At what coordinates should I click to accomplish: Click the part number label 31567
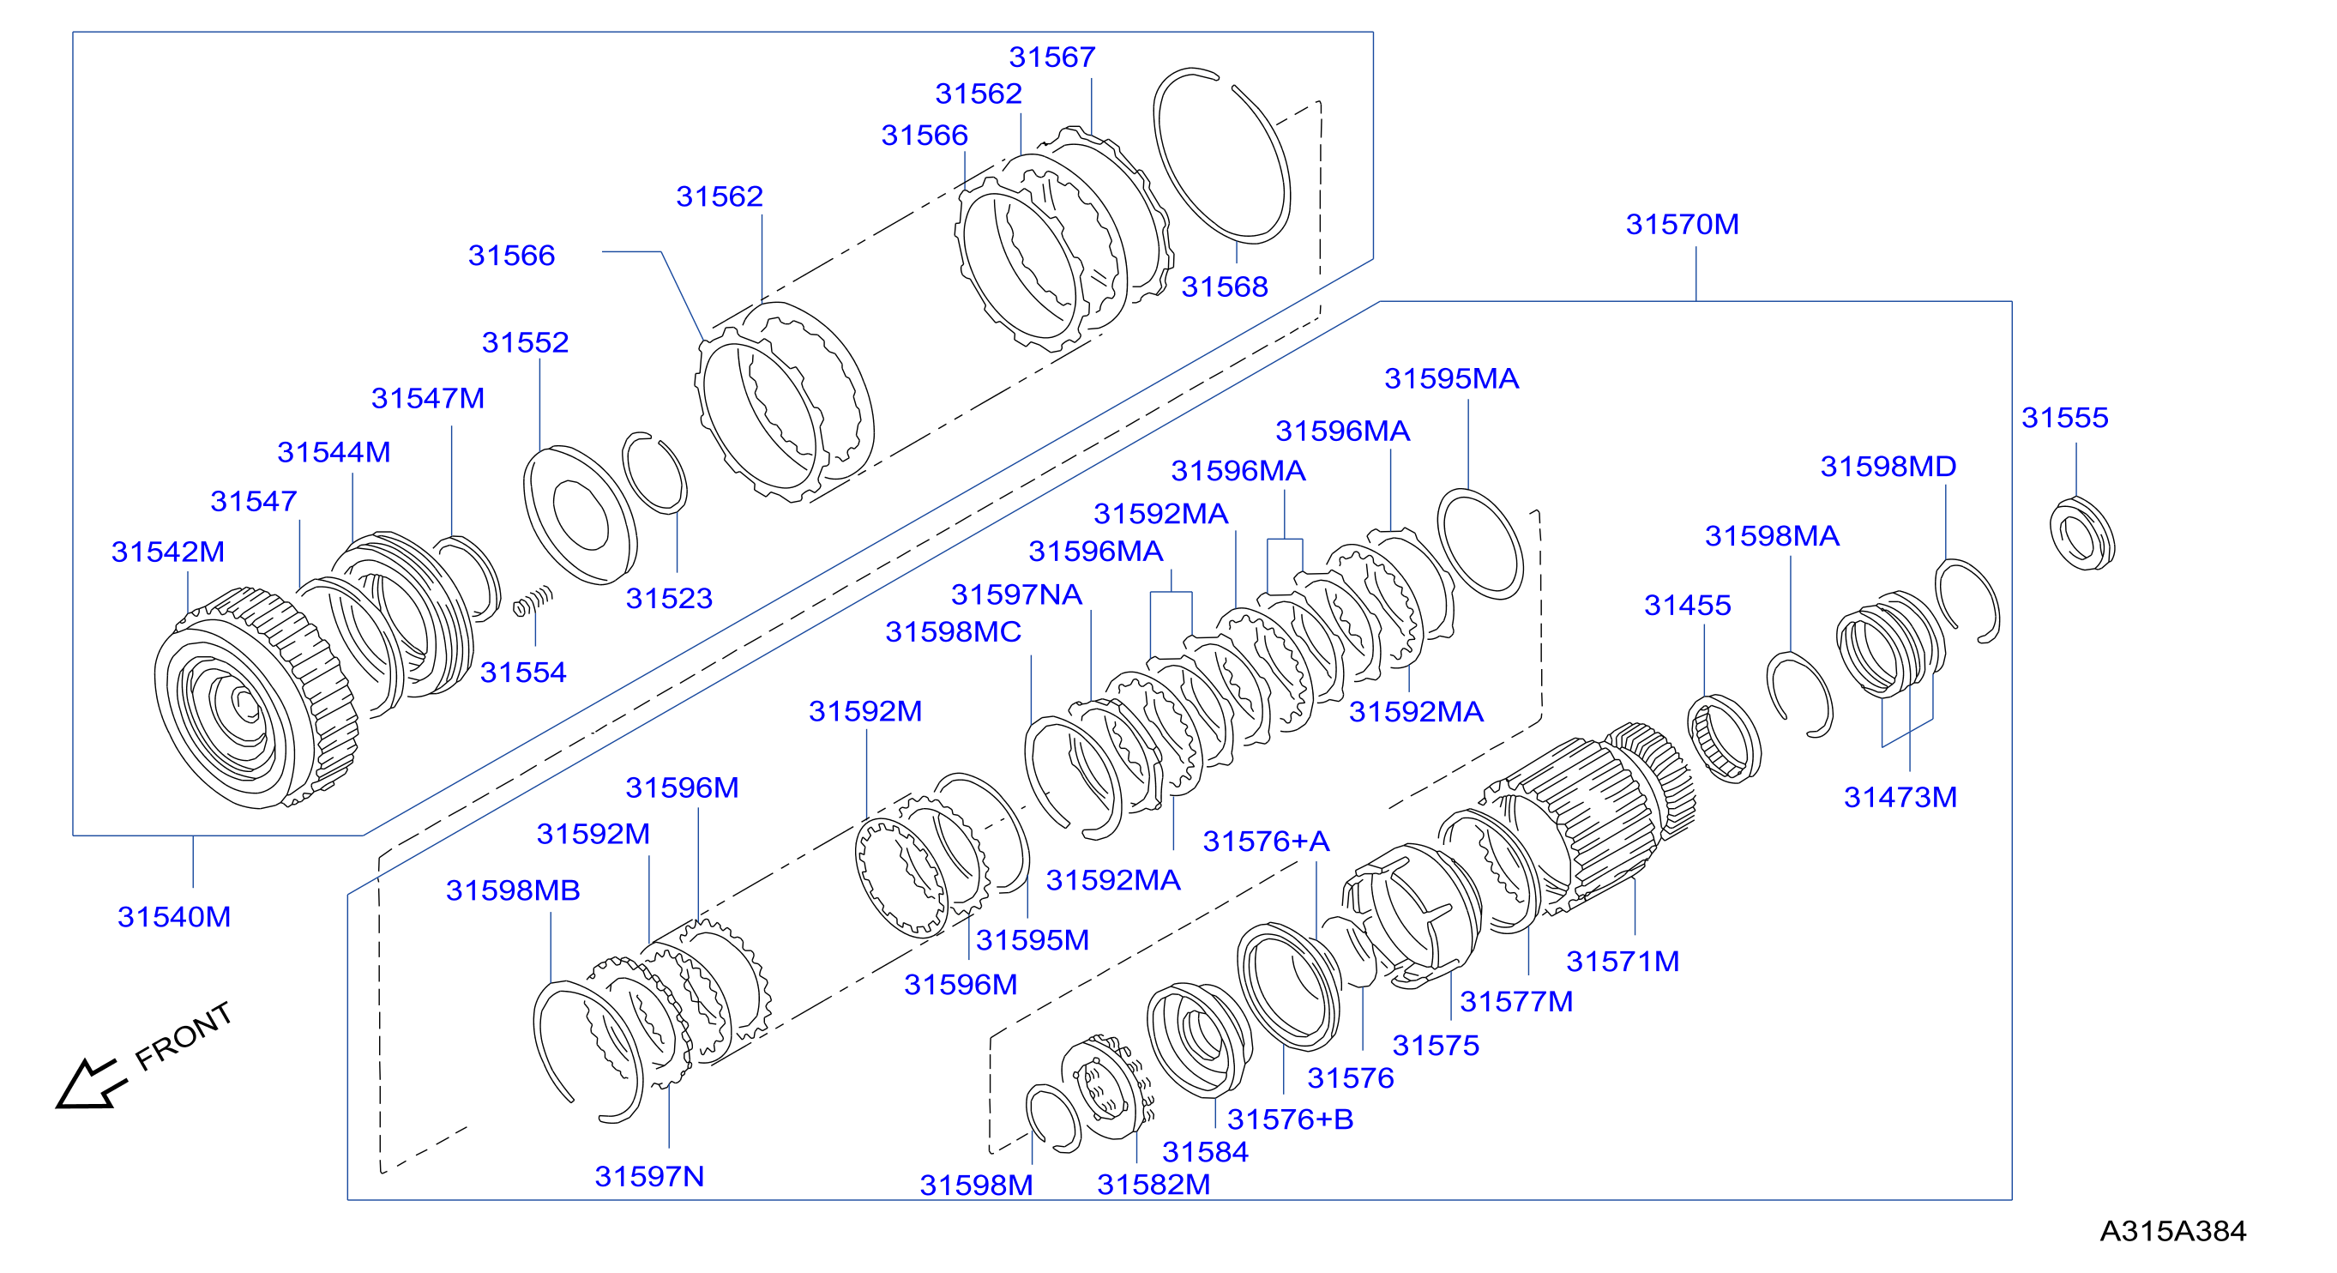[x=1051, y=57]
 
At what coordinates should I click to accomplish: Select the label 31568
[x=1224, y=287]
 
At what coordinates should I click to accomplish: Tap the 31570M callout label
[x=1682, y=224]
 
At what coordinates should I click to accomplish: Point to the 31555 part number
[x=2065, y=418]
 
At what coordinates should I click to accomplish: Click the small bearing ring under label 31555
[x=2082, y=534]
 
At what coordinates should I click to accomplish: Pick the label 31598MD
[x=1888, y=467]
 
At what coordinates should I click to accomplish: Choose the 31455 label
[x=1688, y=606]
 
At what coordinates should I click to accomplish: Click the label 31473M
[x=1900, y=798]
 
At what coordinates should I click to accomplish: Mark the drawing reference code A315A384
[x=2173, y=1231]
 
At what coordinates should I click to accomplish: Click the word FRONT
[x=184, y=1036]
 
